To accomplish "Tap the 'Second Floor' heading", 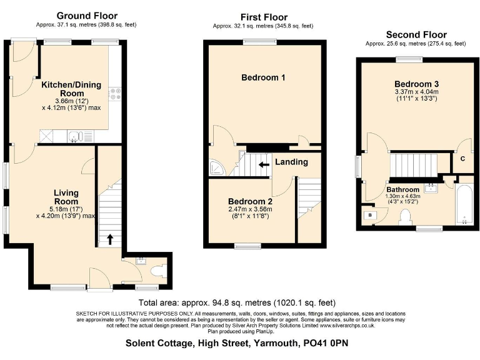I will pos(416,34).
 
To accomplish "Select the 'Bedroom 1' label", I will pos(264,78).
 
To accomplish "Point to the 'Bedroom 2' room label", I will pos(251,202).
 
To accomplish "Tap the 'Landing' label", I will pos(292,162).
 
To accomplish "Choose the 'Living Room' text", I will pos(66,197).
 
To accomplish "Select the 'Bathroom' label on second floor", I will pos(402,189).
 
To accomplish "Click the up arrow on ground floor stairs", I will pos(111,238).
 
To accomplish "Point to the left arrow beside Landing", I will pos(265,164).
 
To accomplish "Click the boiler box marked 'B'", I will pos(371,214).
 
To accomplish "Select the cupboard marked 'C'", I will pos(462,159).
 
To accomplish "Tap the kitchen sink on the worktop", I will pos(74,135).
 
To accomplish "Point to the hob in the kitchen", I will pos(115,95).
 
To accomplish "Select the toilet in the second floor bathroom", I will pos(406,216).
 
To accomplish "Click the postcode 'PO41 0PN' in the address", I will pos(326,342).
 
